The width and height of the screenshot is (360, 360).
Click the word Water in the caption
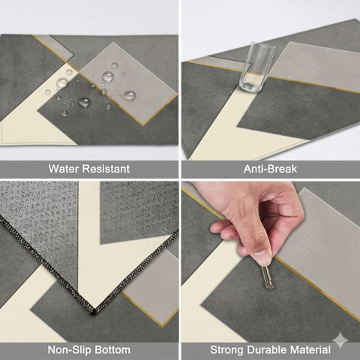tap(64, 169)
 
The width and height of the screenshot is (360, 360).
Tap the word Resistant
tap(106, 169)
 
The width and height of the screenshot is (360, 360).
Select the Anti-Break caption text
tap(270, 169)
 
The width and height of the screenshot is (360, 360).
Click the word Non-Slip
tap(66, 349)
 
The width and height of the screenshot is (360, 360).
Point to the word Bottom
tap(109, 349)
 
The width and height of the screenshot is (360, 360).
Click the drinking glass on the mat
tap(256, 67)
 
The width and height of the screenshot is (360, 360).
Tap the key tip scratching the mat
tap(269, 287)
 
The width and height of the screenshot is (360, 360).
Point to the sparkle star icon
tap(340, 340)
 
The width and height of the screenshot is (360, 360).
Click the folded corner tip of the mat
tap(93, 312)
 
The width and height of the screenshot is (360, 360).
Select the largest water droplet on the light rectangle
tap(108, 76)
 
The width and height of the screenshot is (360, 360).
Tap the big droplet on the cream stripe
tap(62, 82)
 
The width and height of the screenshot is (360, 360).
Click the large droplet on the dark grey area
tap(84, 102)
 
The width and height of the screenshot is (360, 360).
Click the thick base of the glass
tap(250, 86)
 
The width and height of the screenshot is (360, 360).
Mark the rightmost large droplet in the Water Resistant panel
tap(130, 96)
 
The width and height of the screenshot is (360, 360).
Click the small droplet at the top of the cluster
tap(115, 65)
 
